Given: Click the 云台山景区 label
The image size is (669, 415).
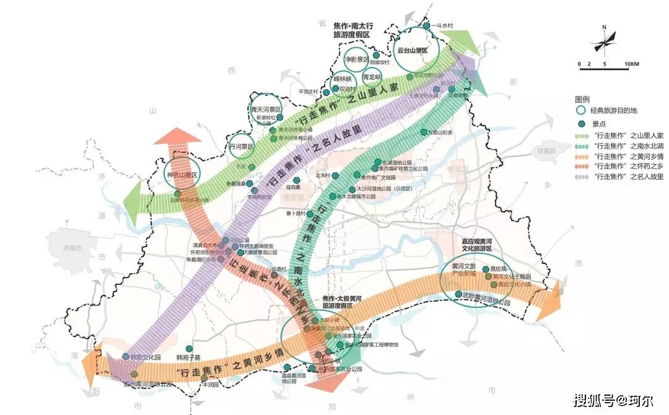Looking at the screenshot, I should click(413, 50).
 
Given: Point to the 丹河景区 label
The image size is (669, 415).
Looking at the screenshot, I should click(242, 147).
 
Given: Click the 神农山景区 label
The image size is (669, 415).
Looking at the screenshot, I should click(181, 175).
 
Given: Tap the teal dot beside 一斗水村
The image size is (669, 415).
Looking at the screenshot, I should click(426, 25).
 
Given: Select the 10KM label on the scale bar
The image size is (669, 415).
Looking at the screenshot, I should click(631, 64).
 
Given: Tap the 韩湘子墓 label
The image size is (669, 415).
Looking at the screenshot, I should click(189, 357).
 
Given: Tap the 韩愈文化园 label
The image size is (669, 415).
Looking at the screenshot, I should click(146, 357).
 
